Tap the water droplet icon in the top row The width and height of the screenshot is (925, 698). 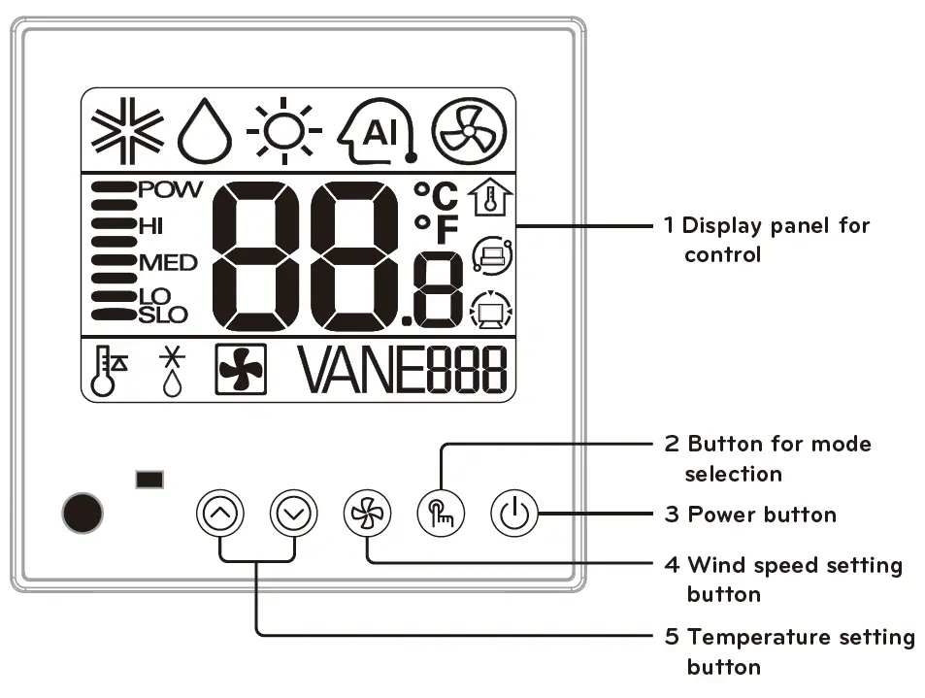pos(205,133)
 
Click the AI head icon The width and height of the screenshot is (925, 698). pos(378,131)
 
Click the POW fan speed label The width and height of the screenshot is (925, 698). pos(170,190)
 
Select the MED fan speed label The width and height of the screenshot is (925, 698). pos(167,262)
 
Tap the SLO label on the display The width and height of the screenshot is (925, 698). pos(163,315)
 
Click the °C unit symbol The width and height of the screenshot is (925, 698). pos(435,195)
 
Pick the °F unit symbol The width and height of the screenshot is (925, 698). pos(435,229)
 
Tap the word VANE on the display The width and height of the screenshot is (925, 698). pos(359,370)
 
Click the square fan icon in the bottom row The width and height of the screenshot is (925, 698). pos(241,370)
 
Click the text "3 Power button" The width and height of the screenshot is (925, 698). pos(750,514)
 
